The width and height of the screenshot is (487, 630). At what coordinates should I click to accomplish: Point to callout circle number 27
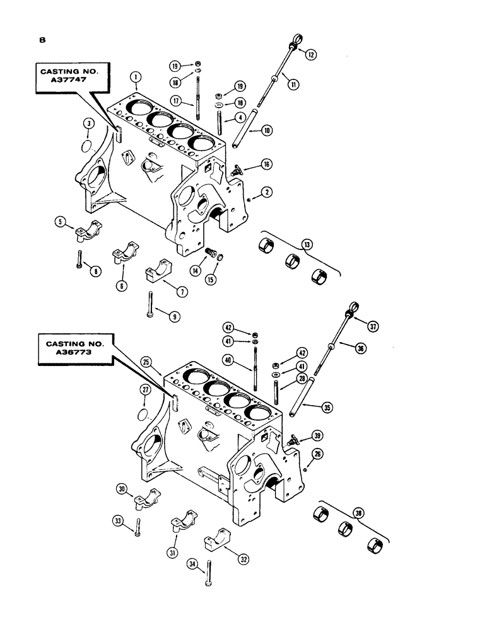click(x=146, y=391)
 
